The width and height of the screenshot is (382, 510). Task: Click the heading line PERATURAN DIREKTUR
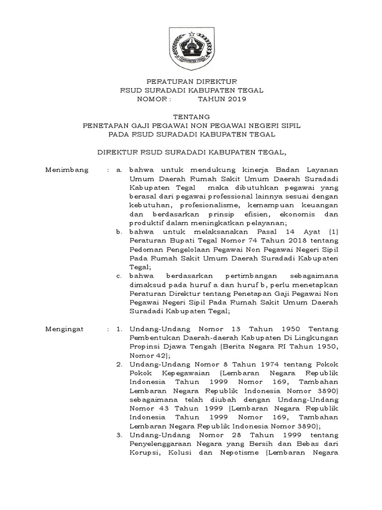click(191, 81)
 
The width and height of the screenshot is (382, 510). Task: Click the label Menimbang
click(67, 170)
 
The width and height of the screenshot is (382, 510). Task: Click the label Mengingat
click(65, 329)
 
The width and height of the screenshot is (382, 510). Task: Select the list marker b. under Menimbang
click(119, 232)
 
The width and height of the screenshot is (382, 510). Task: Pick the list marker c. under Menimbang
click(119, 276)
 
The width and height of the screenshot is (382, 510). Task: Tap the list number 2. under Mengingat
click(119, 365)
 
